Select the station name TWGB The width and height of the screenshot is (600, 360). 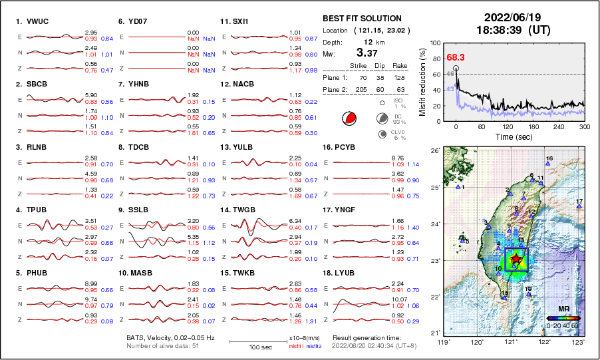click(x=247, y=209)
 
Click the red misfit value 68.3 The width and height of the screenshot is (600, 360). click(x=455, y=58)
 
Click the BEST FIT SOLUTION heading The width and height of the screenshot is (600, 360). click(x=362, y=18)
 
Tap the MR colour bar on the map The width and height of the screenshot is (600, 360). click(x=563, y=319)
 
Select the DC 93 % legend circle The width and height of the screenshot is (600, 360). click(x=382, y=118)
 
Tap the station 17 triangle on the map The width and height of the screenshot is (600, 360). click(x=579, y=207)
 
